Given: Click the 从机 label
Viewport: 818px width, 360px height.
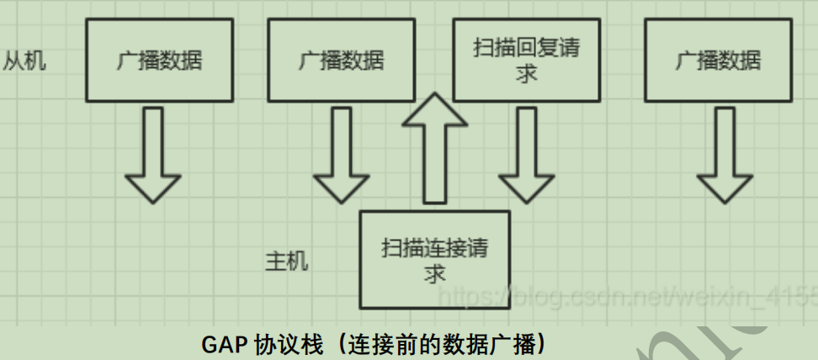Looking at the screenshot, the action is pyautogui.click(x=24, y=61).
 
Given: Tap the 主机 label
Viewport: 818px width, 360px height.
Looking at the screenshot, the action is pyautogui.click(x=287, y=261).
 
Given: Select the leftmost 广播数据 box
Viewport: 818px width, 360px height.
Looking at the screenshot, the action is pyautogui.click(x=159, y=61).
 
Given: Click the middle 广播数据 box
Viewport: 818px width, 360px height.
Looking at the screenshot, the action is pyautogui.click(x=341, y=61).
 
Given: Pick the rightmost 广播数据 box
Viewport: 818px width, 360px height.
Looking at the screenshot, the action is pyautogui.click(x=718, y=61).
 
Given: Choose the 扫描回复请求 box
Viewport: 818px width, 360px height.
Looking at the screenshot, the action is pyautogui.click(x=527, y=61).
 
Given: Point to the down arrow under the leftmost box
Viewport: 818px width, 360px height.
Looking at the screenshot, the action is pyautogui.click(x=152, y=156).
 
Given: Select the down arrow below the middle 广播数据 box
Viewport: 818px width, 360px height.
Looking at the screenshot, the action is pyautogui.click(x=341, y=156).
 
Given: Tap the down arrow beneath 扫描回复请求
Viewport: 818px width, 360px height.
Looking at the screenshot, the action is pyautogui.click(x=527, y=156).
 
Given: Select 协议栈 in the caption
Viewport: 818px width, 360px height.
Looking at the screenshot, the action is pyautogui.click(x=284, y=345).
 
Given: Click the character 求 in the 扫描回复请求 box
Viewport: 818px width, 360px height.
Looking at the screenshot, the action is pyautogui.click(x=527, y=74).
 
